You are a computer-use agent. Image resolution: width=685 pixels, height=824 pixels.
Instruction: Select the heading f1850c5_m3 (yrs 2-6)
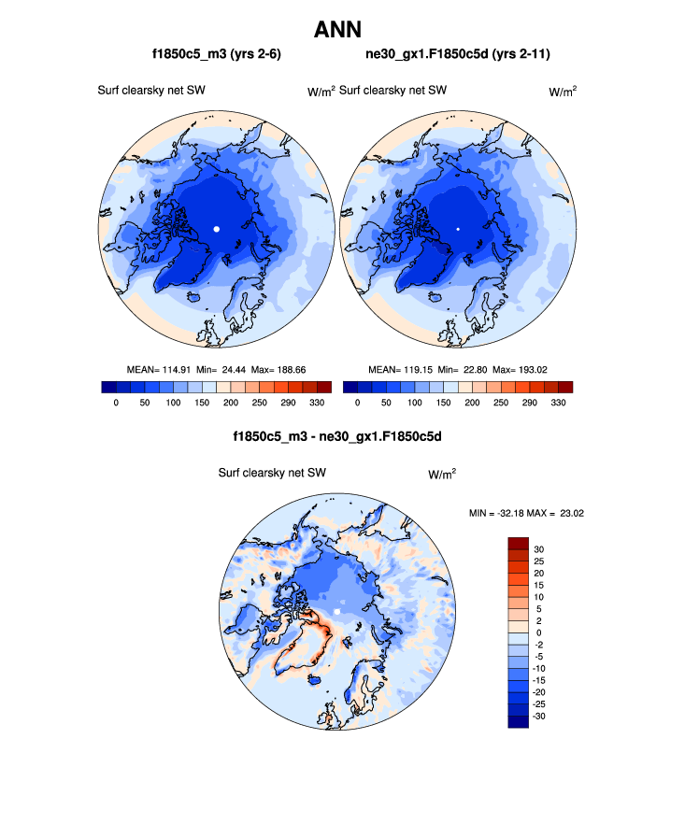click(217, 55)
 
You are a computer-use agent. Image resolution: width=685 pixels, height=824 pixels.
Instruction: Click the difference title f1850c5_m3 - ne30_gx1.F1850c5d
click(337, 436)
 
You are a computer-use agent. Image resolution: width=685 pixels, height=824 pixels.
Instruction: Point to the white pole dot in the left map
click(217, 228)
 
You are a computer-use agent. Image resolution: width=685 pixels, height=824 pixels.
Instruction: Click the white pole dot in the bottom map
click(338, 611)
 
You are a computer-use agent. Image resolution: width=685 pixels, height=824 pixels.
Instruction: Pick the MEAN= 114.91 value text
click(164, 369)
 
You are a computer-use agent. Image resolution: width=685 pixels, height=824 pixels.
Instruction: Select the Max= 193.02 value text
click(524, 369)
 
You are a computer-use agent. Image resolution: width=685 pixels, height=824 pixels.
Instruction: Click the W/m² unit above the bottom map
click(442, 474)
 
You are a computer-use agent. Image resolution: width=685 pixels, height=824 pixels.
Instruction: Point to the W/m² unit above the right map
click(562, 91)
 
